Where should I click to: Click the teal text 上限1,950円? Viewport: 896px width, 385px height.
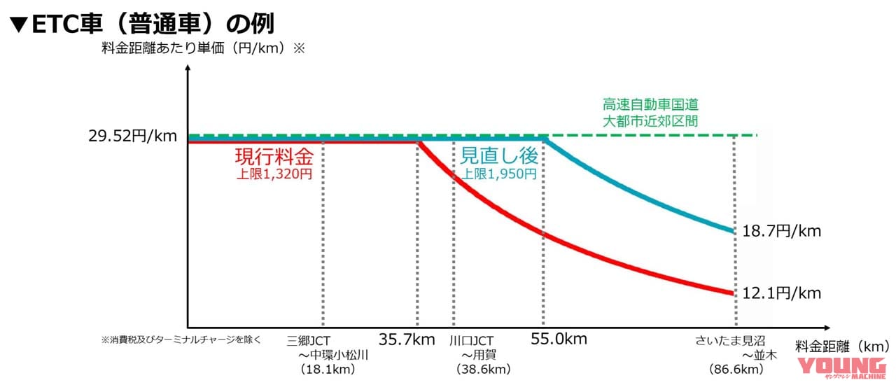[498, 174]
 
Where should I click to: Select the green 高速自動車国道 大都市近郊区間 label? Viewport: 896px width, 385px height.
[650, 112]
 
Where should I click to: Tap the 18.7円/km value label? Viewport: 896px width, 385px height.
[781, 230]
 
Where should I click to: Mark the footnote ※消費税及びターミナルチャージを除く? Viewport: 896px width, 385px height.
[181, 340]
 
